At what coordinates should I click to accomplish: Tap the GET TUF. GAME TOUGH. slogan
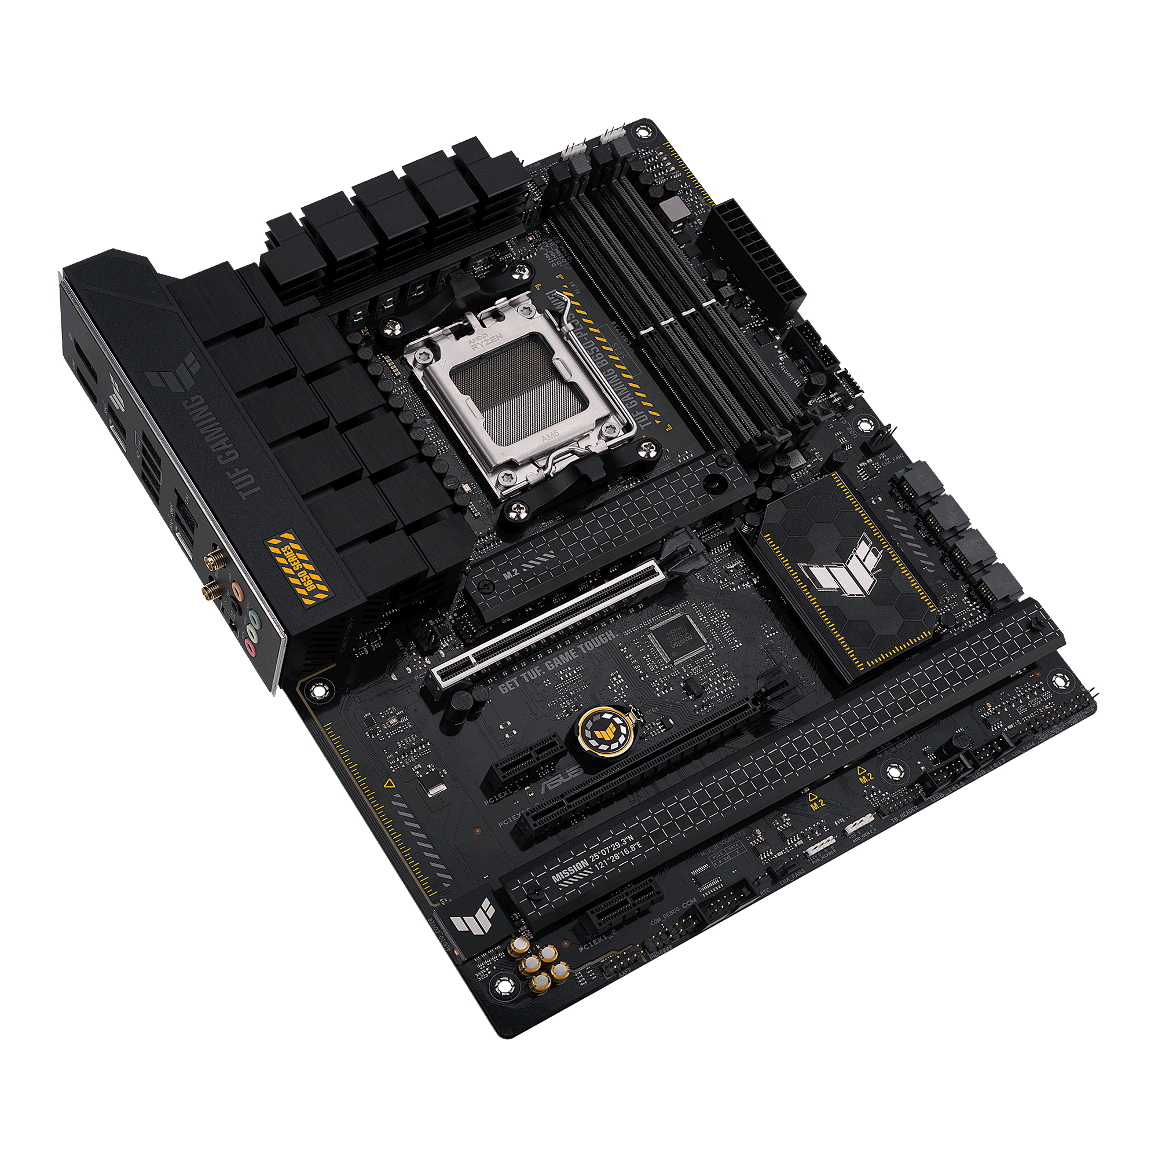pos(557,661)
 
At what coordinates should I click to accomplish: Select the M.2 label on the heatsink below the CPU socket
pos(511,574)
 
